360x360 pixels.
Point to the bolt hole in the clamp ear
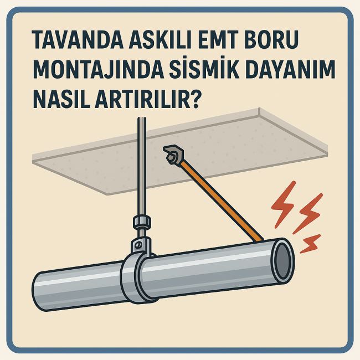tap(140, 244)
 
